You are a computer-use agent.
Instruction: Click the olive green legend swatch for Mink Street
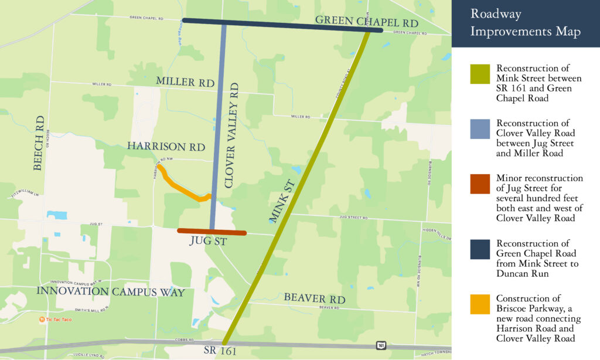[x=479, y=74]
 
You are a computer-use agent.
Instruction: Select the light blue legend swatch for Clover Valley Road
[x=479, y=129]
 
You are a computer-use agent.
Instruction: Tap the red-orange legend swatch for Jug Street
[x=479, y=184]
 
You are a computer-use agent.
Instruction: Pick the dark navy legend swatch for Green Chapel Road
[x=479, y=249]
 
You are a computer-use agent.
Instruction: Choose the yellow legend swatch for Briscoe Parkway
[x=479, y=304]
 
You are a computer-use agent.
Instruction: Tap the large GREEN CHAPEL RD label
[x=366, y=21]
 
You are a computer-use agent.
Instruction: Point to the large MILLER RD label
[x=185, y=82]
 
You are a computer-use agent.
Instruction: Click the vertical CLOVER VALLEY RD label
[x=233, y=135]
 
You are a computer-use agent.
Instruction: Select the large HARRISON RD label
[x=166, y=147]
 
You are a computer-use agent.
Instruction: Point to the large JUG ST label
[x=208, y=241]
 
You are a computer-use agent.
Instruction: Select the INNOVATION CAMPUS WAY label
[x=111, y=291]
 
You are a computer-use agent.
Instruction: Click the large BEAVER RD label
[x=314, y=298]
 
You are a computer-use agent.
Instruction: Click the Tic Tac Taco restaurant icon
[x=42, y=320]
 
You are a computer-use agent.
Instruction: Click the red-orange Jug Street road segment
[x=212, y=232]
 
